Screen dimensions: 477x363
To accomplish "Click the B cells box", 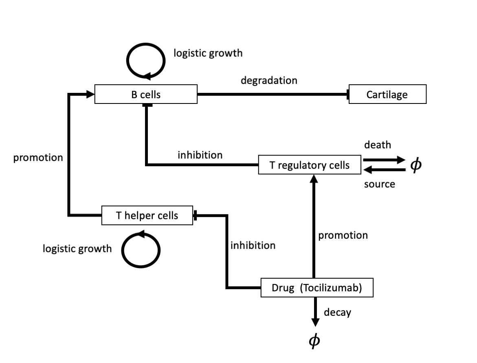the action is pyautogui.click(x=146, y=95).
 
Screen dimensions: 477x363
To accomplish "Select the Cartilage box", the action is pyautogui.click(x=387, y=95).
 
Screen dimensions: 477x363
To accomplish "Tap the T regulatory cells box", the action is pyautogui.click(x=310, y=165).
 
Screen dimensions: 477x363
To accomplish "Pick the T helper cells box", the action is pyautogui.click(x=147, y=216).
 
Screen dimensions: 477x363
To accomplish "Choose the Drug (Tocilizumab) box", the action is pyautogui.click(x=317, y=288).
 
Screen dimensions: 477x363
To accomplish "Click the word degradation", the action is pyautogui.click(x=269, y=80).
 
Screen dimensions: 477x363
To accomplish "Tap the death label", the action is pyautogui.click(x=378, y=145).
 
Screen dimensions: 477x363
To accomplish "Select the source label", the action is pyautogui.click(x=379, y=184).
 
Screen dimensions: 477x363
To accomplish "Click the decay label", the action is pyautogui.click(x=337, y=312).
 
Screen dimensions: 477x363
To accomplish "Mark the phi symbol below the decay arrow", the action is pyautogui.click(x=314, y=340).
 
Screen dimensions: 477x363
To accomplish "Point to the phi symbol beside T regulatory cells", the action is pyautogui.click(x=416, y=165).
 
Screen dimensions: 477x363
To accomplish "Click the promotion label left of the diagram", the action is pyautogui.click(x=38, y=158).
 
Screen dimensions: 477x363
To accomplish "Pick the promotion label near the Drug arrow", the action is pyautogui.click(x=343, y=235).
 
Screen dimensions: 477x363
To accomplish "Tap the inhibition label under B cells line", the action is pyautogui.click(x=200, y=155).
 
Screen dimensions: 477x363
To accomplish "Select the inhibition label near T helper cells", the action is pyautogui.click(x=253, y=245).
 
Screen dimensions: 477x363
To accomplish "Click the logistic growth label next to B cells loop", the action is pyautogui.click(x=208, y=53).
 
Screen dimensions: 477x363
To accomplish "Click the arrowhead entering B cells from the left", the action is pyautogui.click(x=91, y=95).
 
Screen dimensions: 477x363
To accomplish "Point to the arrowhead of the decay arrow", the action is pyautogui.click(x=315, y=323).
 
